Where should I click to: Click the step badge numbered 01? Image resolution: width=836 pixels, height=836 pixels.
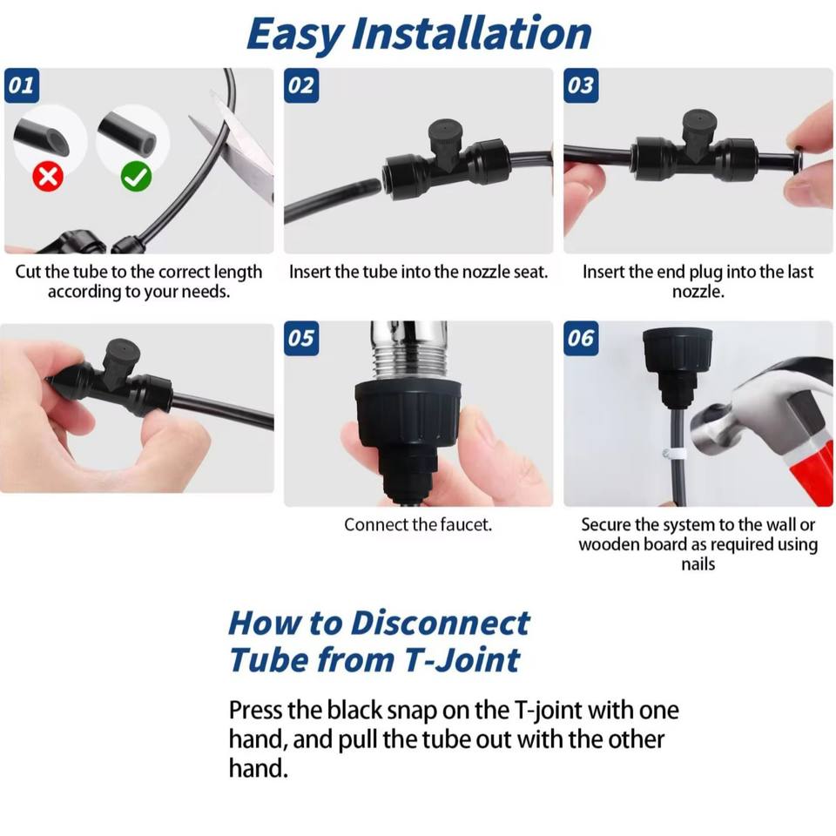(21, 85)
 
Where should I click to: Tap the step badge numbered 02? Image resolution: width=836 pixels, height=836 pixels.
(301, 85)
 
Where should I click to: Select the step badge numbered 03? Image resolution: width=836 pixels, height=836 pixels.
(581, 85)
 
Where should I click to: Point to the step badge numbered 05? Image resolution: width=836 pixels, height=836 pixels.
(301, 338)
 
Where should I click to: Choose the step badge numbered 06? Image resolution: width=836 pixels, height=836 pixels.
(581, 338)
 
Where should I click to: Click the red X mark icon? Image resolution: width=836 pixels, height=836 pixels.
(48, 177)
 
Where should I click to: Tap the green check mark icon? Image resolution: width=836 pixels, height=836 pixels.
(136, 177)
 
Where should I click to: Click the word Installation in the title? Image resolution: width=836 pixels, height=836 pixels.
(471, 34)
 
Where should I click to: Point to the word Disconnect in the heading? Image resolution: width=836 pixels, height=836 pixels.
(440, 623)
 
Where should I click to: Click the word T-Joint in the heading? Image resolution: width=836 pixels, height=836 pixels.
(462, 660)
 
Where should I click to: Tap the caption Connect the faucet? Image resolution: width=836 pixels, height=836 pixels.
(418, 525)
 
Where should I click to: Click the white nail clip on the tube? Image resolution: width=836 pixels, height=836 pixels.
(674, 455)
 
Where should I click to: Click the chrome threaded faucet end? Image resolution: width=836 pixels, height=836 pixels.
(408, 349)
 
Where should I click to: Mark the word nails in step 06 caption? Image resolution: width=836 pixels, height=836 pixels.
(698, 564)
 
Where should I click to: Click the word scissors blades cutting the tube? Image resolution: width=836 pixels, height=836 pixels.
(234, 141)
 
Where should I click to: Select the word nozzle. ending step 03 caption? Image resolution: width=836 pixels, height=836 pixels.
(698, 292)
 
